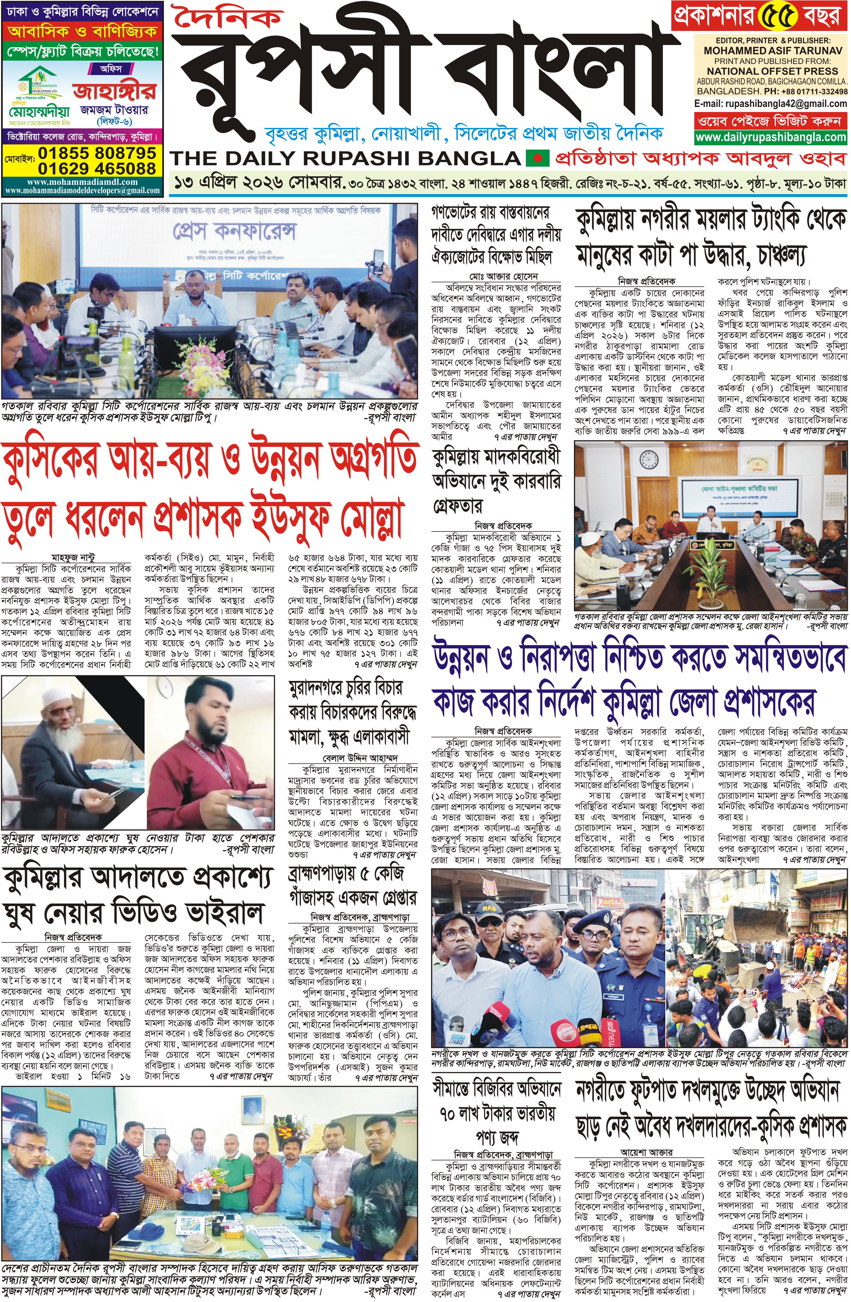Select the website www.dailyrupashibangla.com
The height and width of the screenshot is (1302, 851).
point(771,137)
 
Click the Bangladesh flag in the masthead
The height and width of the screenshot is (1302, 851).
point(536,159)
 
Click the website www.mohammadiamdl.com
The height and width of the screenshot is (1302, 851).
point(82,182)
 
